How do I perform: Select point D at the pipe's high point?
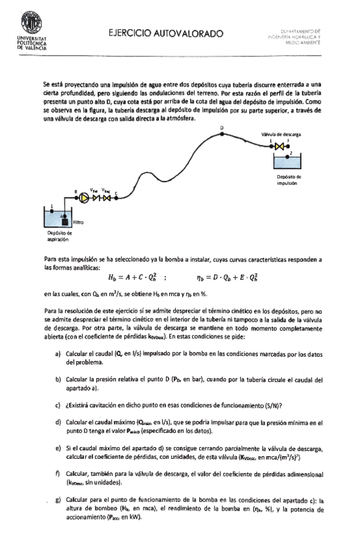click(222, 131)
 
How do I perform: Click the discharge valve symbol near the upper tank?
click(279, 147)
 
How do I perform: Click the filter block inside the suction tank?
click(64, 221)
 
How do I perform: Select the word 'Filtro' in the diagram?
click(77, 222)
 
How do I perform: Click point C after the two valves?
click(116, 194)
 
